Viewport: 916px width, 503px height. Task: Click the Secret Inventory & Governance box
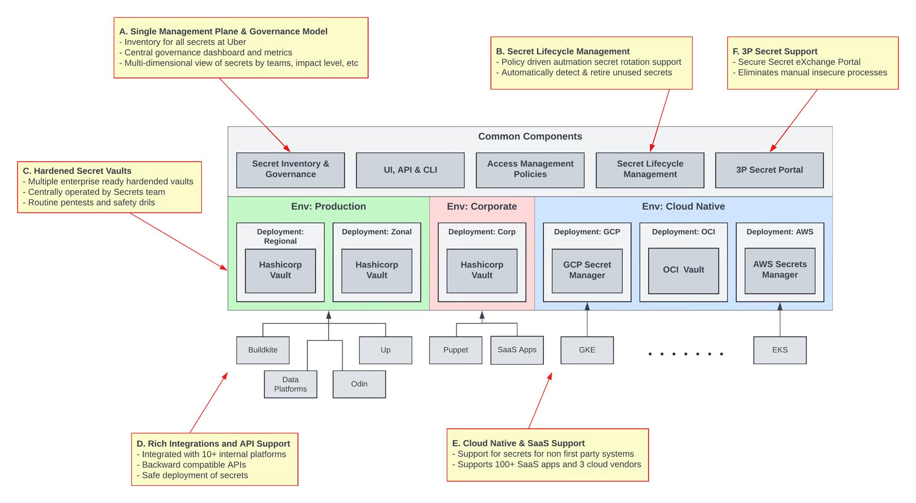click(290, 170)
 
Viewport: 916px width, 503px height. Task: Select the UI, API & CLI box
click(410, 170)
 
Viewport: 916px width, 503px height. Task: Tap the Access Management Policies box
click(530, 170)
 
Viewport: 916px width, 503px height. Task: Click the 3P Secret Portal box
click(769, 170)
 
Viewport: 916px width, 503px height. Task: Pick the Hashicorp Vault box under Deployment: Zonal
click(377, 271)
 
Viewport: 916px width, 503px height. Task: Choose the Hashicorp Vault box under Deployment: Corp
click(482, 271)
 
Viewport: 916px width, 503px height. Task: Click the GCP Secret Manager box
click(587, 271)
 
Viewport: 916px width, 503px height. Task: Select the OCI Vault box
click(683, 271)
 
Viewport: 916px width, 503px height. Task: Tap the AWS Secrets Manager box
click(780, 271)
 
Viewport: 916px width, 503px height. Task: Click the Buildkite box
click(263, 350)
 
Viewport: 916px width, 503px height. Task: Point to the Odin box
click(359, 384)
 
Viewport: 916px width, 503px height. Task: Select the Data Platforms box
click(290, 384)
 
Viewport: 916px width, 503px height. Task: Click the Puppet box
click(456, 350)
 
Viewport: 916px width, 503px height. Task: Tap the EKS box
click(780, 350)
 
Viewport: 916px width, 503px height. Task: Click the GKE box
click(587, 350)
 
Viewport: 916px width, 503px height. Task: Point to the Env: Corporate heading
click(482, 207)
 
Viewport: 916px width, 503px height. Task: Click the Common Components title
click(530, 136)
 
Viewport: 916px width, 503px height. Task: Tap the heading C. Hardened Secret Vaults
click(77, 171)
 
